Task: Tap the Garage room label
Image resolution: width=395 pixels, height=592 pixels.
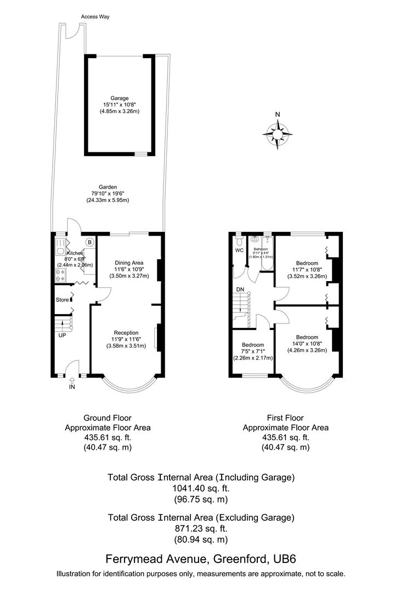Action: pyautogui.click(x=120, y=98)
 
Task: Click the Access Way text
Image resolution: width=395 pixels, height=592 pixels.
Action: pyautogui.click(x=95, y=17)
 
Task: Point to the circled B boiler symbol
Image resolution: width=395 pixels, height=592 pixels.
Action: pyautogui.click(x=89, y=241)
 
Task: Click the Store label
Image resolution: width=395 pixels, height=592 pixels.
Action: pyautogui.click(x=62, y=300)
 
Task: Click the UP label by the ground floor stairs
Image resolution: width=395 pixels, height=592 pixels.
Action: pyautogui.click(x=62, y=335)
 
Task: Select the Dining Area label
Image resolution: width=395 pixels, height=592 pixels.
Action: pyautogui.click(x=129, y=262)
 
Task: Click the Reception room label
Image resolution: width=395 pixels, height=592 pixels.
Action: pyautogui.click(x=126, y=332)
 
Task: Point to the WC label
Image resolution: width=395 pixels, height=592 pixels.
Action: pyautogui.click(x=239, y=251)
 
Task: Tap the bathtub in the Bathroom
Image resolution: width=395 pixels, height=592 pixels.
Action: pyautogui.click(x=267, y=253)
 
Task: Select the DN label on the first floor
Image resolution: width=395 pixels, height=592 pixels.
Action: pyautogui.click(x=240, y=289)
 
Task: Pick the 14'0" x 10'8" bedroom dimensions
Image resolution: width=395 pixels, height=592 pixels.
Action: pyautogui.click(x=307, y=344)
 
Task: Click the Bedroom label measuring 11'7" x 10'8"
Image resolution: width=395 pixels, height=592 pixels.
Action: pyautogui.click(x=307, y=263)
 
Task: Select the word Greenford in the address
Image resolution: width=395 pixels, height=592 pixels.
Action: pyautogui.click(x=240, y=560)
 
